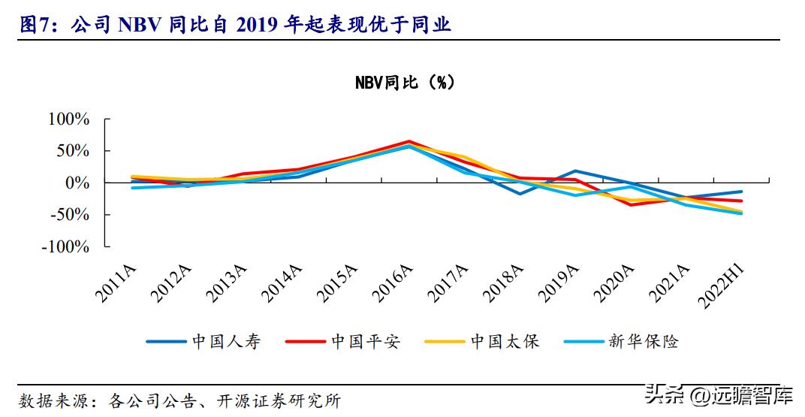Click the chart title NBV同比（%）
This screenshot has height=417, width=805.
click(x=405, y=83)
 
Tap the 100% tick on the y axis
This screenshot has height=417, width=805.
click(x=68, y=119)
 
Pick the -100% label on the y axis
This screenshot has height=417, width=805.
click(x=67, y=246)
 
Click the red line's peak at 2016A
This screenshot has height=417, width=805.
click(x=409, y=141)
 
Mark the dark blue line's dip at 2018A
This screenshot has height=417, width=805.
click(x=520, y=194)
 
